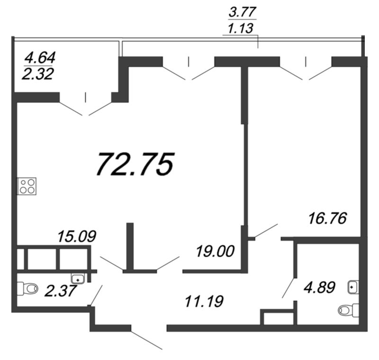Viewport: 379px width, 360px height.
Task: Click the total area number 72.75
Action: [x=135, y=164]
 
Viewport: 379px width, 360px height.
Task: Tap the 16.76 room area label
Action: [x=327, y=218]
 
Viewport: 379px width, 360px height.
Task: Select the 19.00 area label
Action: [x=215, y=250]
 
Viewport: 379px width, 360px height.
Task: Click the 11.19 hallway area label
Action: [x=203, y=300]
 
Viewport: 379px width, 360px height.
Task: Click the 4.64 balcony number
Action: [x=40, y=58]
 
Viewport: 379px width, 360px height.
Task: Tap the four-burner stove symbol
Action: [x=27, y=185]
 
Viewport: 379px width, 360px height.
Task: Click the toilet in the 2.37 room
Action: [x=28, y=288]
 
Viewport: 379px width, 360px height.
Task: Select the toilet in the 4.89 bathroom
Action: [x=349, y=310]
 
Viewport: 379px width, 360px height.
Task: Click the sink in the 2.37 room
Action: [x=78, y=278]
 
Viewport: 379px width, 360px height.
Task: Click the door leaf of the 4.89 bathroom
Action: [x=288, y=288]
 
